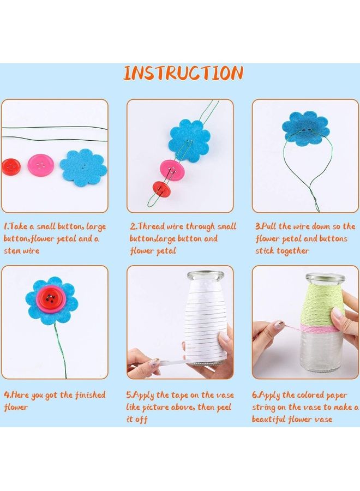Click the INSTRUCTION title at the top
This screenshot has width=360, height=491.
click(183, 73)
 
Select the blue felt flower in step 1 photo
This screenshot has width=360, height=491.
click(83, 167)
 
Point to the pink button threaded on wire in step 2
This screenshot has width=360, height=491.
click(171, 168)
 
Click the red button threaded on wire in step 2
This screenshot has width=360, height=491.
click(160, 189)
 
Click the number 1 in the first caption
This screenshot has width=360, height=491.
click(5, 226)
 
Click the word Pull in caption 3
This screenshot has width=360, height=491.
click(272, 226)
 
